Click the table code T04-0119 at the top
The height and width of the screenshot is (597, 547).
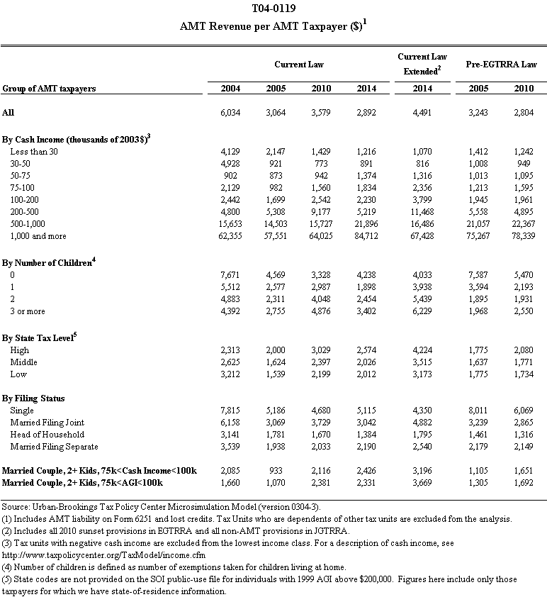273,9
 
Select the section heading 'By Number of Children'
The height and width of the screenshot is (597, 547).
48,262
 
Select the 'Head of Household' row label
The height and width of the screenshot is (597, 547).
47,434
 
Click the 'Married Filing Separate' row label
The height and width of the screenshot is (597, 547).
54,447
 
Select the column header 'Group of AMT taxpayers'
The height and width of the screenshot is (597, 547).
49,89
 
